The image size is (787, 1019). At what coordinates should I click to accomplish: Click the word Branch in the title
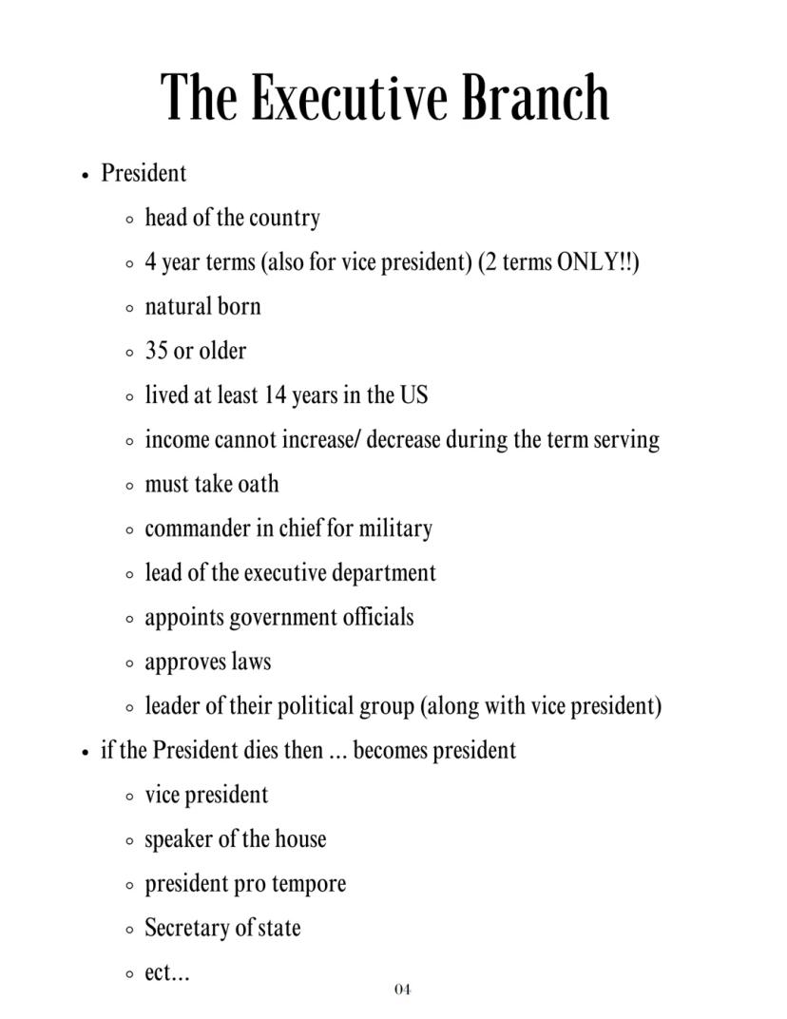tap(536, 98)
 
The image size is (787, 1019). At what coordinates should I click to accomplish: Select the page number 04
tap(402, 990)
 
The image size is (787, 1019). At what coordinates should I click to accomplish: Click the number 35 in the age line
tap(156, 351)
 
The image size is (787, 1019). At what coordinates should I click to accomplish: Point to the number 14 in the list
tap(275, 394)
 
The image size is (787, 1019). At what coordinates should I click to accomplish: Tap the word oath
tap(259, 484)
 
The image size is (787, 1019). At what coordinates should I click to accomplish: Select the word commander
tap(197, 529)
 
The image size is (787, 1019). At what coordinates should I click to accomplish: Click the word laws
tap(251, 662)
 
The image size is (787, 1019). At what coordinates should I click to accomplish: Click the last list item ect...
tap(165, 972)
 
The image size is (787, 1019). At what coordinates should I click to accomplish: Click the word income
tap(177, 439)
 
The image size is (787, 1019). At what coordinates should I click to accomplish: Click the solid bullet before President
tap(86, 175)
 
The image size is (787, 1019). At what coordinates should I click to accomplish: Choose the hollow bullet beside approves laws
tap(129, 663)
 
